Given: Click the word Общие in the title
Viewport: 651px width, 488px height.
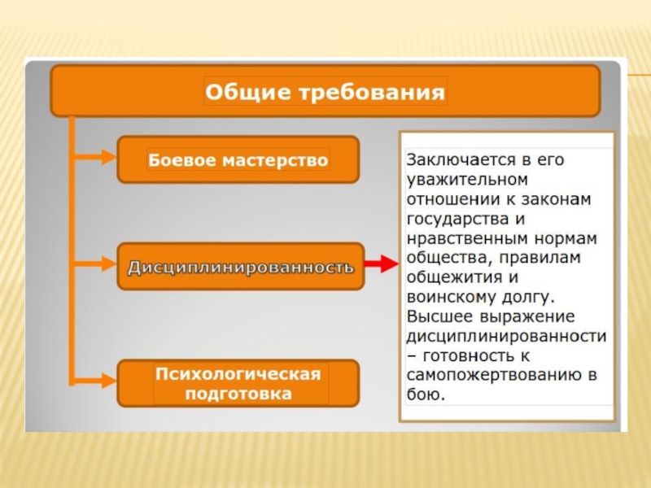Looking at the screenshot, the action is [x=238, y=91].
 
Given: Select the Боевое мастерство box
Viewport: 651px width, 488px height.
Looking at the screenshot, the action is [x=238, y=159].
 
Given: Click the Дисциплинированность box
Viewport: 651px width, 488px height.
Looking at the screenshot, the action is [x=240, y=266].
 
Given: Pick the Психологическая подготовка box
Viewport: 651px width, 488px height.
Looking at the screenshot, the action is [x=238, y=383].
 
